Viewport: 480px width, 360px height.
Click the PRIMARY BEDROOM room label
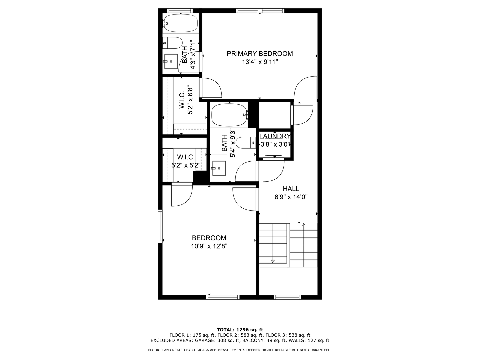click(260, 54)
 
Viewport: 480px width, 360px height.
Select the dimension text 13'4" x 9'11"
click(260, 62)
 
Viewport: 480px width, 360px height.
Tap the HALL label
click(291, 189)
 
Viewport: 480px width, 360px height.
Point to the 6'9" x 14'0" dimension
click(291, 197)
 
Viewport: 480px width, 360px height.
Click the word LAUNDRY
click(275, 136)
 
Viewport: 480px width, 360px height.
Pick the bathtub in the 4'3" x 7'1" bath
click(181, 23)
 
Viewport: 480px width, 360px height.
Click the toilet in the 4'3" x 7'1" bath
click(173, 43)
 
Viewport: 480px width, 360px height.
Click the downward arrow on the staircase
click(273, 261)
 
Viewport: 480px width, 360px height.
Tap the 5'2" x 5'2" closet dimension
click(186, 165)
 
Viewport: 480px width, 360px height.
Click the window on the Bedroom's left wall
click(160, 226)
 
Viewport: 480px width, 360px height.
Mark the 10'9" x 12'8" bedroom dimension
click(209, 246)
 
